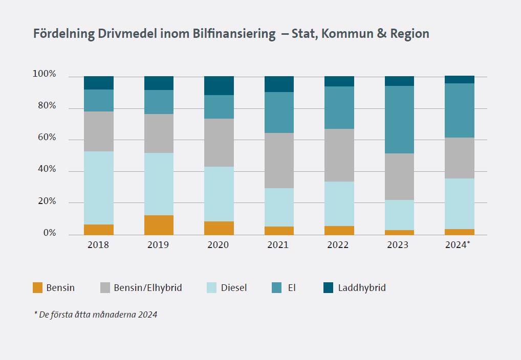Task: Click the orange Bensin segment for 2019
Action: point(159,225)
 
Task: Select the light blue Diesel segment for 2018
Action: point(99,188)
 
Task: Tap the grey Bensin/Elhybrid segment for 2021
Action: point(279,161)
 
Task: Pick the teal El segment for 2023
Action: point(399,120)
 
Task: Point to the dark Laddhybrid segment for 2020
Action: point(219,86)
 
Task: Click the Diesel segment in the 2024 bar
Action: point(459,204)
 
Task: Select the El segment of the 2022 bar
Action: point(339,107)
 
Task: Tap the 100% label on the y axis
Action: point(45,75)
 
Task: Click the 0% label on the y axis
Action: point(49,233)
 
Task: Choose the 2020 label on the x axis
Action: point(218,245)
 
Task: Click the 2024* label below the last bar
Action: point(457,245)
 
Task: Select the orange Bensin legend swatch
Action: point(37,288)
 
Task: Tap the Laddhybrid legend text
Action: point(362,288)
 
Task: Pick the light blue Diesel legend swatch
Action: point(211,288)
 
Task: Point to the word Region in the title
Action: point(409,34)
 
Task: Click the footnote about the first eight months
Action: point(96,314)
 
